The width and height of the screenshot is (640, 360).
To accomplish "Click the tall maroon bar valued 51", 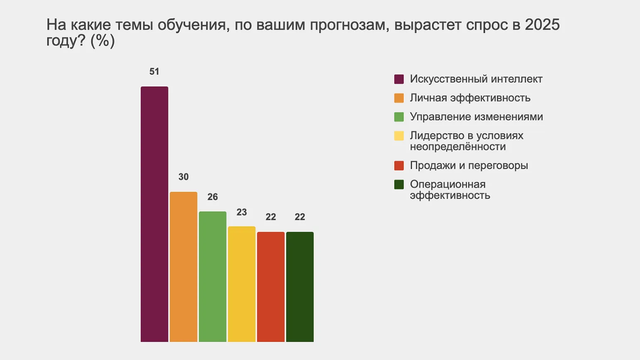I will coord(154,214).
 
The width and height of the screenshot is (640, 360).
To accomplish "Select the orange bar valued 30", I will coord(183,267).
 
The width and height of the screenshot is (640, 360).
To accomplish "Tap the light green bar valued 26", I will coord(212,276).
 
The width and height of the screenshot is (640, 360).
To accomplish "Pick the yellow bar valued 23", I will coord(241,284).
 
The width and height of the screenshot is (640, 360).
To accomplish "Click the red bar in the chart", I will coord(271,287).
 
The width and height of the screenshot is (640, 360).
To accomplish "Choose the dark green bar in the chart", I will coord(300,287).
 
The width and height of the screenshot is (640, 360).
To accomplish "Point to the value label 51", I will coord(154,72).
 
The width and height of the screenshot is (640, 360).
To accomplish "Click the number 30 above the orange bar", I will coord(183,177).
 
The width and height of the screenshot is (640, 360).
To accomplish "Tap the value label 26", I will coord(212,197).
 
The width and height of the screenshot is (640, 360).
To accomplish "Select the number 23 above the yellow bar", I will coord(241,212).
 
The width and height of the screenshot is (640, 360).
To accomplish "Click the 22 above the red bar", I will coord(271,217).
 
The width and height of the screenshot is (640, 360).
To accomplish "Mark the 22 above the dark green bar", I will coord(300,217).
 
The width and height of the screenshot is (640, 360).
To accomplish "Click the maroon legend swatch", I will coord(399,79).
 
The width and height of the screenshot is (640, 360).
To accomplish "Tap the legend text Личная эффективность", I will coord(470,98).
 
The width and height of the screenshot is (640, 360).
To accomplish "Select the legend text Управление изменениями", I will coord(476,117).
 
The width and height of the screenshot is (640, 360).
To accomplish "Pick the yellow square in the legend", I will coord(399,136).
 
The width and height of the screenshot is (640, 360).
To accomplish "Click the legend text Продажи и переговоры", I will coord(469,165).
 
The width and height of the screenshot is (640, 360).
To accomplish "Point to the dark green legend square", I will coord(399,185).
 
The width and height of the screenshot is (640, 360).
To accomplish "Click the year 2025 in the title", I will coord(542,25).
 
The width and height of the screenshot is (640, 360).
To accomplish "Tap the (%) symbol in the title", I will coord(102,41).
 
